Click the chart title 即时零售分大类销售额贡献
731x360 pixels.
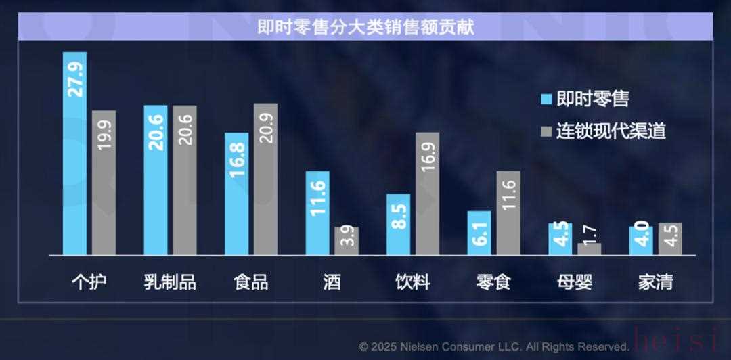coord(365,27)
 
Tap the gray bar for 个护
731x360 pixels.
coord(104,183)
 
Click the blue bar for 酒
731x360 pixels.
coord(317,213)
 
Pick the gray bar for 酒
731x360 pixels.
coord(347,241)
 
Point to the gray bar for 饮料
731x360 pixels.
coord(427,194)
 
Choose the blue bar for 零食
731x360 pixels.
coord(479,233)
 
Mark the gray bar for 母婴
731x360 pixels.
coord(590,248)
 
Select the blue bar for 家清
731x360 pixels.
coord(641,240)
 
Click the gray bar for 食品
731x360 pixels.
coord(265,179)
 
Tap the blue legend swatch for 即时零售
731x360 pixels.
coord(547,99)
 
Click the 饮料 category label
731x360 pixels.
coord(413,282)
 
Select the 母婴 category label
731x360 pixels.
coord(575,282)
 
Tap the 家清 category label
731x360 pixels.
coord(655,282)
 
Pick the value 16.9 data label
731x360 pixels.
coord(428,154)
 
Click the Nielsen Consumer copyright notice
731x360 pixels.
coord(494,346)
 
